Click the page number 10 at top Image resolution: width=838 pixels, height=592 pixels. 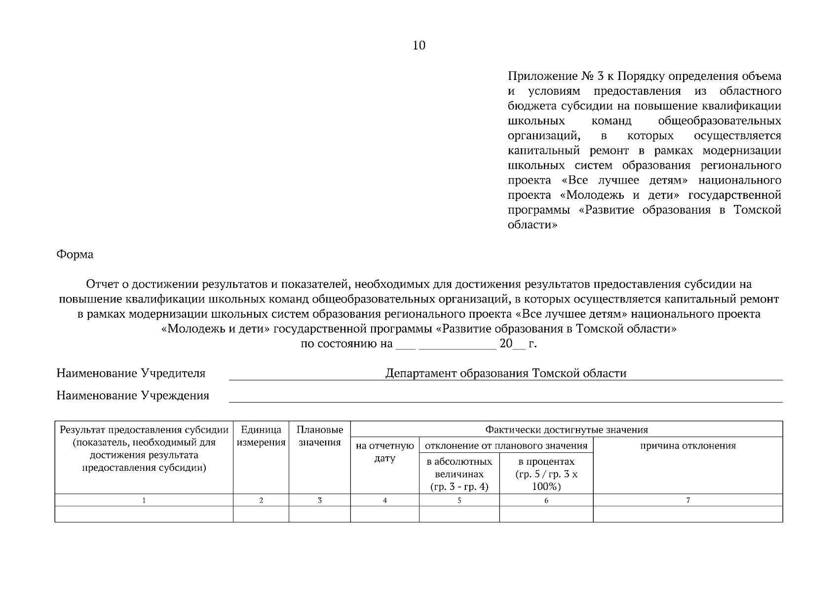click(x=419, y=46)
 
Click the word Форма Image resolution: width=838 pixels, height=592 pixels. click(x=75, y=255)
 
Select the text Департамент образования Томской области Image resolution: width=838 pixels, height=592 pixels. click(x=505, y=373)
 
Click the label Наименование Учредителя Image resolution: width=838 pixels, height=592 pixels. click(x=131, y=373)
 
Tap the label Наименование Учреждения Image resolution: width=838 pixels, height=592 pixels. click(x=133, y=396)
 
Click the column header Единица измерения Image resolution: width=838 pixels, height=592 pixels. click(x=261, y=436)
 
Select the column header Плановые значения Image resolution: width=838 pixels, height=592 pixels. click(x=320, y=436)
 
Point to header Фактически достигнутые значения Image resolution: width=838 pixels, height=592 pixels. click(x=566, y=430)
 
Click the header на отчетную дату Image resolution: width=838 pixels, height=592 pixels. click(x=385, y=452)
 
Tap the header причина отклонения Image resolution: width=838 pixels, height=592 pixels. click(x=687, y=446)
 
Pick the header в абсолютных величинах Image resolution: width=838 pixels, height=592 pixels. click(x=459, y=474)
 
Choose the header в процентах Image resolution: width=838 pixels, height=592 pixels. click(x=546, y=474)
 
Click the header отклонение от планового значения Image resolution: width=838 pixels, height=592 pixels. click(x=506, y=446)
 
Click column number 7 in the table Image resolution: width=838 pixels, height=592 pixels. click(x=688, y=500)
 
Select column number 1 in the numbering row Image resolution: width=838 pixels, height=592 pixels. click(x=144, y=500)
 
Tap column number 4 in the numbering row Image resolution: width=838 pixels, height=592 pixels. click(x=385, y=500)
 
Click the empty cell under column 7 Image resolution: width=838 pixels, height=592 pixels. click(x=687, y=514)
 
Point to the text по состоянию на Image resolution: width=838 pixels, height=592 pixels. click(x=346, y=344)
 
